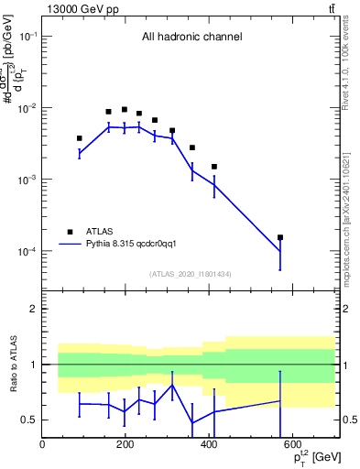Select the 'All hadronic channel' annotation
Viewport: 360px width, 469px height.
pyautogui.click(x=191, y=38)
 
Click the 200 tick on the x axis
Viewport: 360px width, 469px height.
pyautogui.click(x=125, y=446)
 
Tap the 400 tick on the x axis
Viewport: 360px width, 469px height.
pyautogui.click(x=209, y=446)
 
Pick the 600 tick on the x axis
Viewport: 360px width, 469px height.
pyautogui.click(x=292, y=446)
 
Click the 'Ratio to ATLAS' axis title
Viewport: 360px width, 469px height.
pyautogui.click(x=15, y=364)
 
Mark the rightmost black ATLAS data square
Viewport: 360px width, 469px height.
pyautogui.click(x=280, y=237)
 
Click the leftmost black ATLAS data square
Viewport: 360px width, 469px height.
pyautogui.click(x=80, y=138)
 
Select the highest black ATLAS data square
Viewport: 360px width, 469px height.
pyautogui.click(x=125, y=109)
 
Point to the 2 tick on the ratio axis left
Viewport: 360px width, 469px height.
pyautogui.click(x=35, y=309)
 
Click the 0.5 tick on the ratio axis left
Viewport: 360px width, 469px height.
pyautogui.click(x=31, y=420)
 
